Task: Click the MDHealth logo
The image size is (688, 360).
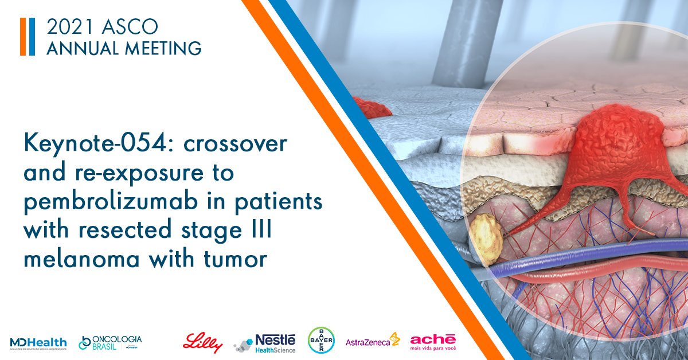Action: (38, 343)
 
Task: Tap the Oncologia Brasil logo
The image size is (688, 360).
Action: (110, 342)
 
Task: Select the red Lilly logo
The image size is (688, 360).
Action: (202, 342)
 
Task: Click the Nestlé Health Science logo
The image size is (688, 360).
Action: (265, 343)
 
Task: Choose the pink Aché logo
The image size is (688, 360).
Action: (433, 342)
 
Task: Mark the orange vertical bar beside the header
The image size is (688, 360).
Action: (23, 37)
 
